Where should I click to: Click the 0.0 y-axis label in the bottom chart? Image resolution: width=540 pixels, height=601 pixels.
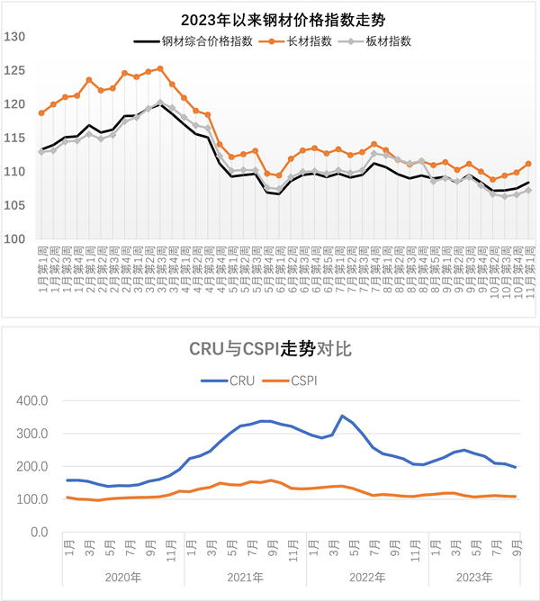[38, 532]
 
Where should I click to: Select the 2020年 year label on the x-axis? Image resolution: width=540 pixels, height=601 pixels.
[122, 578]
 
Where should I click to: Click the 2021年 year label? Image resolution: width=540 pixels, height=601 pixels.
[245, 578]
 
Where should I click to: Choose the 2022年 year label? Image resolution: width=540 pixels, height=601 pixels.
[367, 578]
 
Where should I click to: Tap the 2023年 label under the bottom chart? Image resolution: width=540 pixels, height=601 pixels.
[474, 578]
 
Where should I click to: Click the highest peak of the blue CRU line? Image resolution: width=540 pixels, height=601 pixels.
[342, 416]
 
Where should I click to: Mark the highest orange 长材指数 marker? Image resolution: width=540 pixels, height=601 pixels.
[160, 68]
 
